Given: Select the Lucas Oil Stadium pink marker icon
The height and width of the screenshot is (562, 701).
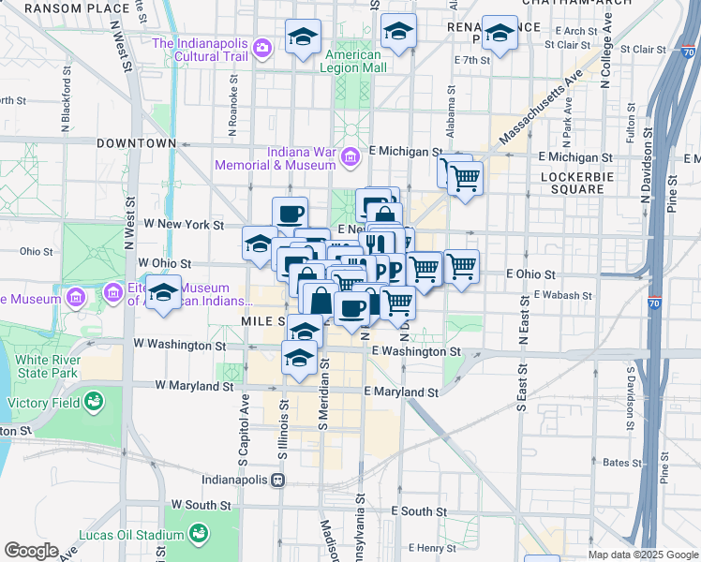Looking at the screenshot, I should [199, 533].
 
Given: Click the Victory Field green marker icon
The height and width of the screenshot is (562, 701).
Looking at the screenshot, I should [93, 403].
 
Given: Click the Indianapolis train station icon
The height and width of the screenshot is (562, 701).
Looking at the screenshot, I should [277, 480].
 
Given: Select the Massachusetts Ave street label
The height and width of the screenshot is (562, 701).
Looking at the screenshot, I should [541, 106].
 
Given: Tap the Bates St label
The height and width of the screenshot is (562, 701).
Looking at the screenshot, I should [620, 463].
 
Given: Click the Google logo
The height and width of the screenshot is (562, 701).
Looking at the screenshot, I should [31, 551].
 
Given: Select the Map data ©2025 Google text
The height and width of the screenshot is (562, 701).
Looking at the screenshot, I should [642, 555].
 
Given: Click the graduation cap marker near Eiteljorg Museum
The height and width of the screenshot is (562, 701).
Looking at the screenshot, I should [163, 292].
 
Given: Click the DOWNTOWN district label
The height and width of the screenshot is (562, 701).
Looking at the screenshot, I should [136, 143].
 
